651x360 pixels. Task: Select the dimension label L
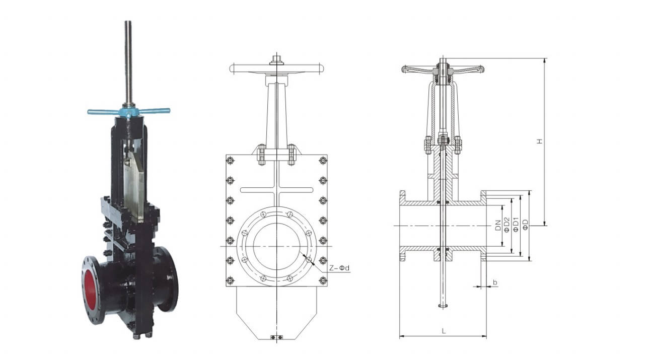(443, 331)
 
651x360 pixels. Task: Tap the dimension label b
(495, 283)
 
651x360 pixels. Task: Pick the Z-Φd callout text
(339, 268)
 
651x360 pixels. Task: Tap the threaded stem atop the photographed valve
(129, 60)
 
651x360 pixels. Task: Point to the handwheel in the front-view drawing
(275, 68)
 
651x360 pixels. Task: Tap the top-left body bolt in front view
(231, 161)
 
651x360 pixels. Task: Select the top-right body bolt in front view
(322, 161)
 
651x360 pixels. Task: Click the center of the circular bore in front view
(276, 246)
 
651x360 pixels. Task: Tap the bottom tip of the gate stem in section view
(443, 306)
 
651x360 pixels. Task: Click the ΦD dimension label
(526, 225)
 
